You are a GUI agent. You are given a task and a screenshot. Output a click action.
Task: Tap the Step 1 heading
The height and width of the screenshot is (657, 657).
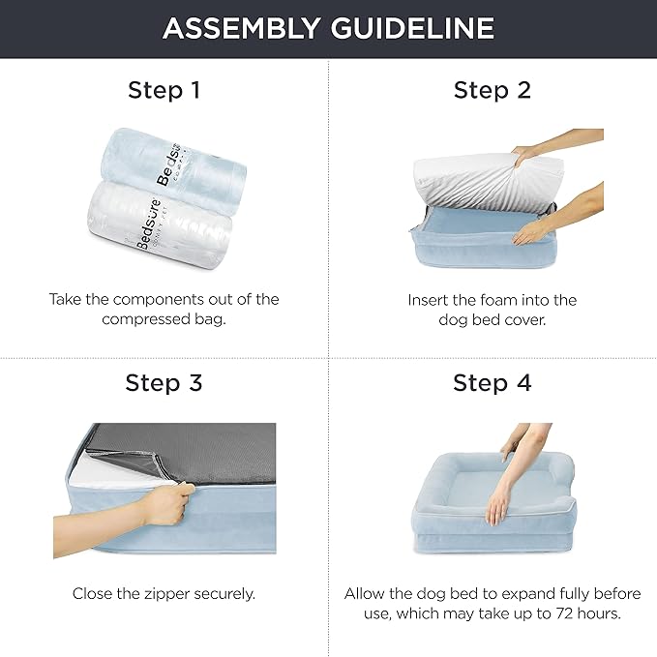(x=164, y=91)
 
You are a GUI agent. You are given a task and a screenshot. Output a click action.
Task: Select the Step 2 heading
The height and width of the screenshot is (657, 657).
(x=492, y=91)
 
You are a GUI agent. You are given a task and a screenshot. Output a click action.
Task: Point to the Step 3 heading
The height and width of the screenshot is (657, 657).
(x=164, y=383)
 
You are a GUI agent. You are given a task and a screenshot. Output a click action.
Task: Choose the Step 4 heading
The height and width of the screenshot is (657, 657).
(x=492, y=383)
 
